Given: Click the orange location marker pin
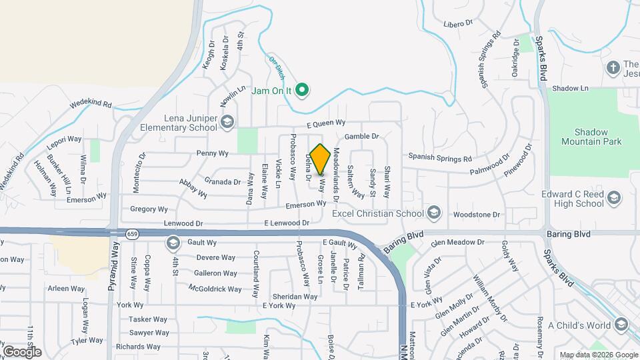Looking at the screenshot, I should coord(320,159).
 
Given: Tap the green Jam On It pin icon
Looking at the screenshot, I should coord(301,90).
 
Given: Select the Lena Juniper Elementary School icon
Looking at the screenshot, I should coord(227,121).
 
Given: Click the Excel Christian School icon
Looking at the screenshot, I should coord(434,213).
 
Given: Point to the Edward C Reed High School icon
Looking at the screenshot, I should coord(613,197).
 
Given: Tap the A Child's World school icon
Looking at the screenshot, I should coord(621,325).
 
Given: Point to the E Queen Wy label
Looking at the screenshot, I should coord(326,123).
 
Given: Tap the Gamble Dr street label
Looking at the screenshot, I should coord(361,136).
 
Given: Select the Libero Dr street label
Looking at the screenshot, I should coord(457,23).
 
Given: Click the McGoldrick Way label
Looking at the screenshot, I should coord(215,289).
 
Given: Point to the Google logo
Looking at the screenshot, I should coord(22,351).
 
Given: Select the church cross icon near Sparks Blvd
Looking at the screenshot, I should coord(613,67).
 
